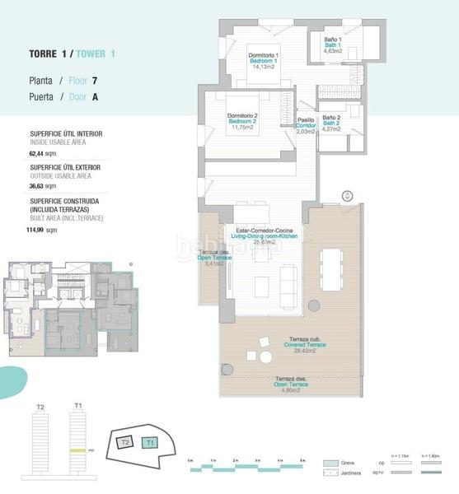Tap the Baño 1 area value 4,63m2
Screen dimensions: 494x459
(333, 51)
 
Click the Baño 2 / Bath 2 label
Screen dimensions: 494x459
(332, 123)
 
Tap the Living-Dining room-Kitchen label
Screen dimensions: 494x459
(264, 236)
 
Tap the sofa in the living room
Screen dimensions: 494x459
(291, 285)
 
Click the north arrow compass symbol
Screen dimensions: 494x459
(348, 196)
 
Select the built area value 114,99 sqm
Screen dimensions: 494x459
(42, 231)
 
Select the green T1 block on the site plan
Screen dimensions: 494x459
(148, 442)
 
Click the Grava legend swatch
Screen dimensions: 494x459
(331, 463)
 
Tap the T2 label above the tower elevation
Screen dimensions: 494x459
(40, 406)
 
